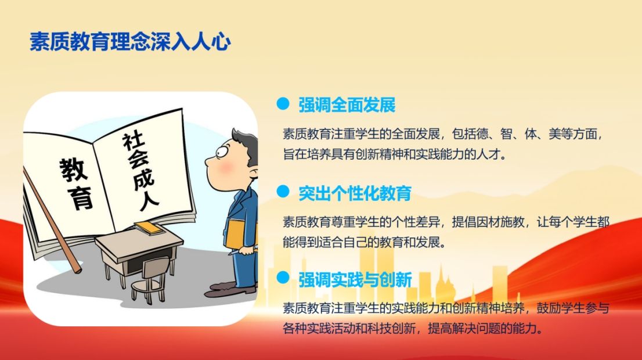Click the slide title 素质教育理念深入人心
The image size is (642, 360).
pyautogui.click(x=130, y=42)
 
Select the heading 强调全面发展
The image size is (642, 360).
pyautogui.click(x=347, y=105)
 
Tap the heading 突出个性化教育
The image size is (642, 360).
pyautogui.click(x=355, y=193)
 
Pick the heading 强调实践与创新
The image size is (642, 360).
pyautogui.click(x=355, y=280)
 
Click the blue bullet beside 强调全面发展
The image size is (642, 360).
pyautogui.click(x=283, y=103)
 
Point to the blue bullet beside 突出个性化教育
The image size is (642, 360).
pyautogui.click(x=283, y=191)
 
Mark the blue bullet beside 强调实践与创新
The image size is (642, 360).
pyautogui.click(x=283, y=278)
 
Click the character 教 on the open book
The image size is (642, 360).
pyautogui.click(x=73, y=169)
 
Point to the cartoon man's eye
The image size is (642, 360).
pyautogui.click(x=222, y=152)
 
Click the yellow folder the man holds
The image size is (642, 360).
pyautogui.click(x=236, y=234)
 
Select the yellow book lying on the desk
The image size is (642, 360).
pyautogui.click(x=149, y=228)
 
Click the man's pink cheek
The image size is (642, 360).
pyautogui.click(x=226, y=168)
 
